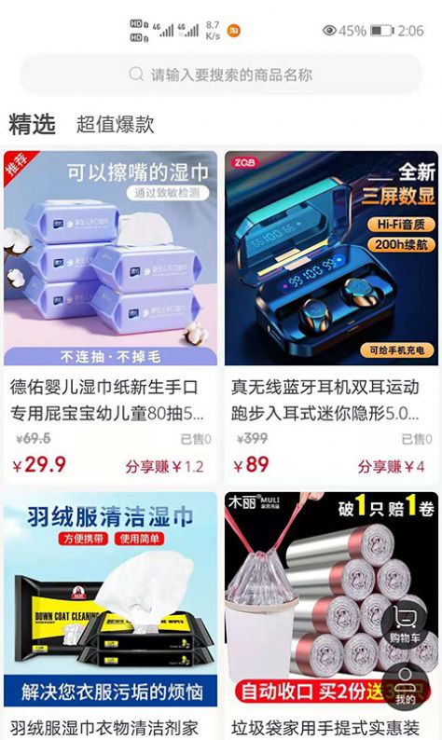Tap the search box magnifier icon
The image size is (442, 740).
tap(136, 75)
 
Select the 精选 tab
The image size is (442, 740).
tap(32, 124)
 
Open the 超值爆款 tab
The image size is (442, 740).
tap(115, 124)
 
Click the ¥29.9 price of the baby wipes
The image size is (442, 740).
tap(39, 464)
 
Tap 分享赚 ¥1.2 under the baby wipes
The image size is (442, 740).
tap(164, 466)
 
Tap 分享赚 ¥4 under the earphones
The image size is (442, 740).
tap(391, 466)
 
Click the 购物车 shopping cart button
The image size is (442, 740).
tap(405, 622)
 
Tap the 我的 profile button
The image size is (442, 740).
tap(405, 686)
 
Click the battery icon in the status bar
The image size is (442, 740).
tap(381, 31)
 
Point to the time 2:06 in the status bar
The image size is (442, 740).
tap(410, 31)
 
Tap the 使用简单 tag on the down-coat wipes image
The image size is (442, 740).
tap(139, 539)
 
